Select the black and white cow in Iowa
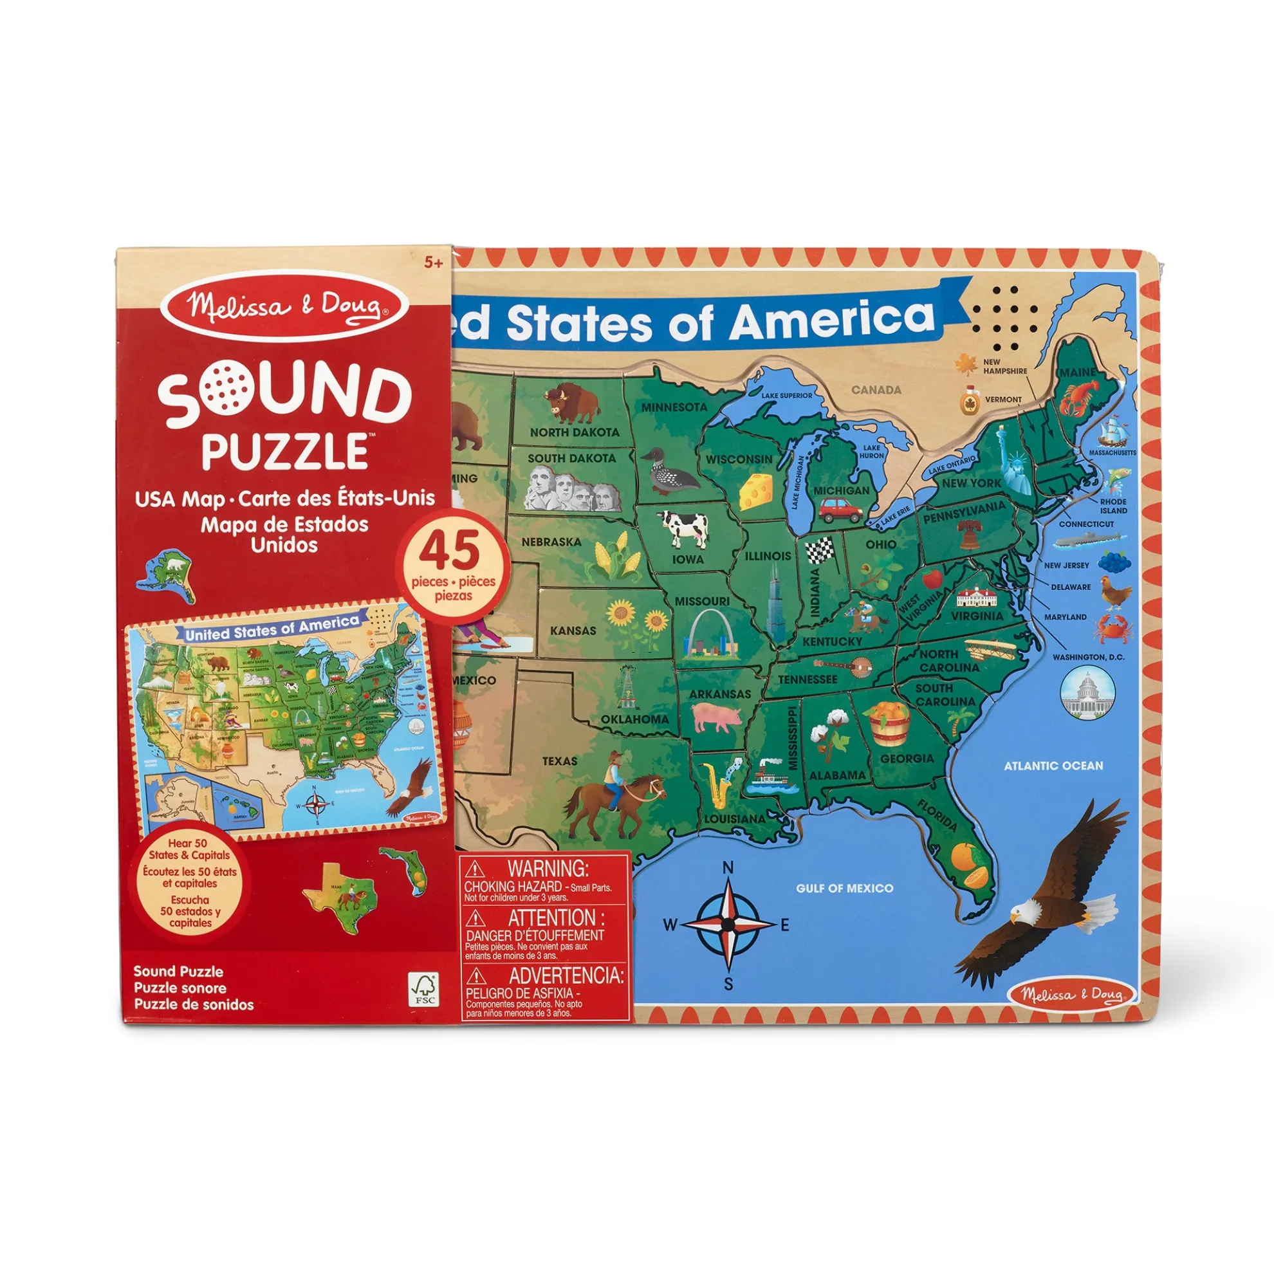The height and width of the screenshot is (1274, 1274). coord(683,528)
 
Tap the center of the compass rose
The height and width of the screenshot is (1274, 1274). coord(728,925)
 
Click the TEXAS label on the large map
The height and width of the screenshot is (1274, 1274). coord(559,761)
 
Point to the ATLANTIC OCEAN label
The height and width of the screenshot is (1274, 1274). coord(1053,766)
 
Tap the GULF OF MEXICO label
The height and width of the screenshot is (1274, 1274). coord(844,888)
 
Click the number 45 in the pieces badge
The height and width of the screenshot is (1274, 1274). coord(454,553)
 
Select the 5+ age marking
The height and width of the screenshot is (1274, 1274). coord(432,263)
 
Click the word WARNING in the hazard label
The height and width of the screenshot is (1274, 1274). coord(547,868)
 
